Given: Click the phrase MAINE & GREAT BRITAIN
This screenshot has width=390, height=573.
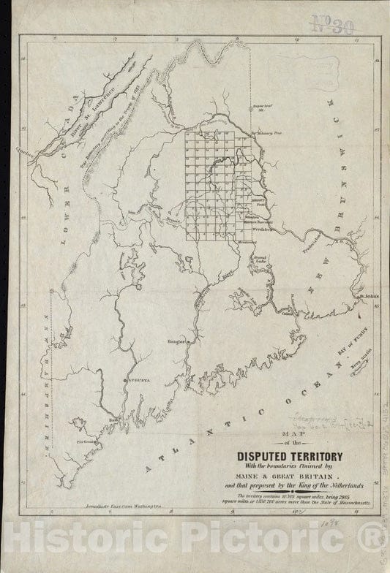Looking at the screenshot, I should click(x=282, y=482).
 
